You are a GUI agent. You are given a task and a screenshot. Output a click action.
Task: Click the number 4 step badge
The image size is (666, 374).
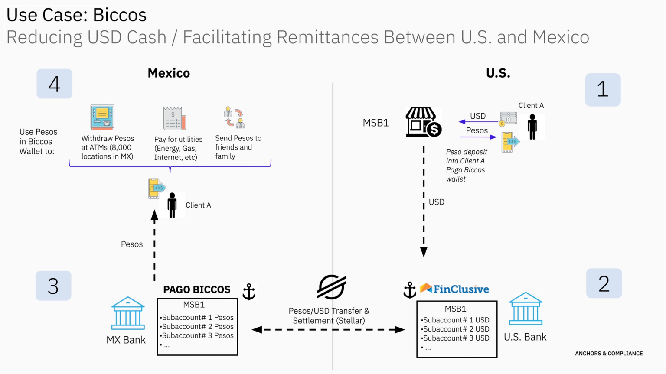click(x=54, y=84)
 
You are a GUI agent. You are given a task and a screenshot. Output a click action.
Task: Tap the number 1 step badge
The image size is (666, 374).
click(x=603, y=90)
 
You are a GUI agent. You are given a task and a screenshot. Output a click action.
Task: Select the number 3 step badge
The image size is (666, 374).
click(x=53, y=286)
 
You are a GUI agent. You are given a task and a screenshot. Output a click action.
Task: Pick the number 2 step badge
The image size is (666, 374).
click(x=604, y=283)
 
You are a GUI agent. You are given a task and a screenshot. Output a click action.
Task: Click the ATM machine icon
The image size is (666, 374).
click(x=102, y=117)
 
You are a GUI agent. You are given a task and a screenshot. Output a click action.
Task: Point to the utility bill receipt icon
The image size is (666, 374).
click(x=175, y=119)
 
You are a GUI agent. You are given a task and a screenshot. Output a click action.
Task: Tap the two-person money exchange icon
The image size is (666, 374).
click(x=234, y=117)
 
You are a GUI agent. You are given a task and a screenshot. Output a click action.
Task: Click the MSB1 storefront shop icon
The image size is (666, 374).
click(x=423, y=122)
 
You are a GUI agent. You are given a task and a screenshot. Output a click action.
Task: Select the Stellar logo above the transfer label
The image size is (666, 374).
click(x=332, y=287)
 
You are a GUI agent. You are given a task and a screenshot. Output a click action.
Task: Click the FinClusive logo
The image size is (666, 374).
click(x=454, y=289)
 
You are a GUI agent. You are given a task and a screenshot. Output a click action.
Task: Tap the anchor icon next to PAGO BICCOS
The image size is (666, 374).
click(x=249, y=291)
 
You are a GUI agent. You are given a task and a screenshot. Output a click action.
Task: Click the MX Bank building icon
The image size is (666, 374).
click(x=128, y=313)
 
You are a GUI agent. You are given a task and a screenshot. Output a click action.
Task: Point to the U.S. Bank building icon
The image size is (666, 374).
click(x=526, y=309)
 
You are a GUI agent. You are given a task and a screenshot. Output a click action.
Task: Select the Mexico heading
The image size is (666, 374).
click(x=169, y=73)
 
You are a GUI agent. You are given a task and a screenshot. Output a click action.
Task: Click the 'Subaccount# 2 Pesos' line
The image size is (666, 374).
click(x=197, y=326)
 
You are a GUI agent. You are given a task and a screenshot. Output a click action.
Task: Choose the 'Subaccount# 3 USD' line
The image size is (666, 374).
click(x=455, y=338)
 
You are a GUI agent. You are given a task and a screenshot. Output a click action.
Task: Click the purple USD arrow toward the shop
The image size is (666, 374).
click(x=479, y=121)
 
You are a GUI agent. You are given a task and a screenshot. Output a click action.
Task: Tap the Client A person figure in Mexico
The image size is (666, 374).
click(x=172, y=205)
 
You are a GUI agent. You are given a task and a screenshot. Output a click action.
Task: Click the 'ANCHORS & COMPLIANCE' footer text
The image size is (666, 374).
click(x=609, y=354)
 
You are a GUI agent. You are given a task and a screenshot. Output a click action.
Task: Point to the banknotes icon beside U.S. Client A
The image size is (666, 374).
click(x=508, y=119)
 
